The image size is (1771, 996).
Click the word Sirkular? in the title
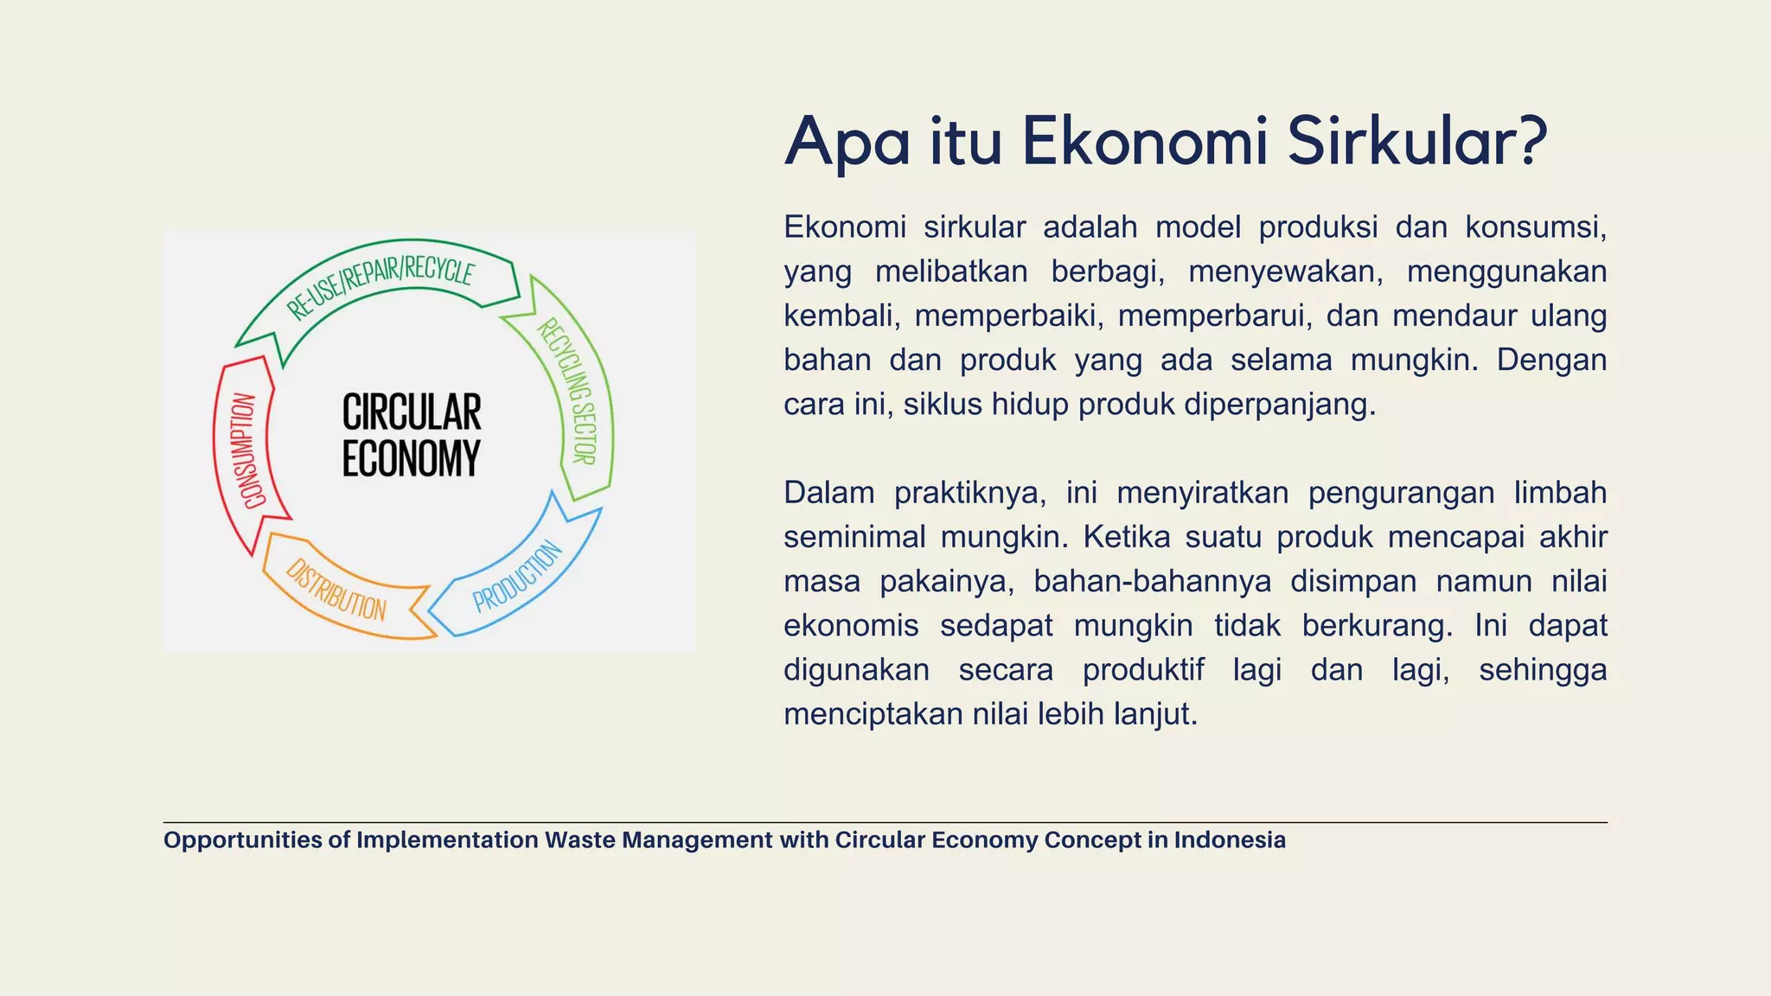(x=1416, y=141)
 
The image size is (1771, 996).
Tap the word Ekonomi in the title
(x=1145, y=141)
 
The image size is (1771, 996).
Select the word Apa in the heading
(x=847, y=143)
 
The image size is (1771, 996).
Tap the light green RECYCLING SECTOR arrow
(x=571, y=389)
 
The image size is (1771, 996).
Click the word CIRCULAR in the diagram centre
(x=412, y=412)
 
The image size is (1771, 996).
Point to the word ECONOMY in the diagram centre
(x=411, y=458)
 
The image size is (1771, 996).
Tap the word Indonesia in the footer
(x=1230, y=840)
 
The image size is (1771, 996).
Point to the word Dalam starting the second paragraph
(x=828, y=493)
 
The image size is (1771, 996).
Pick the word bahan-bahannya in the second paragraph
(x=1152, y=581)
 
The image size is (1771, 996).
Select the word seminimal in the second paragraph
(x=852, y=537)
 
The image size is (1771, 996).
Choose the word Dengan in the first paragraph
(x=1551, y=360)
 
